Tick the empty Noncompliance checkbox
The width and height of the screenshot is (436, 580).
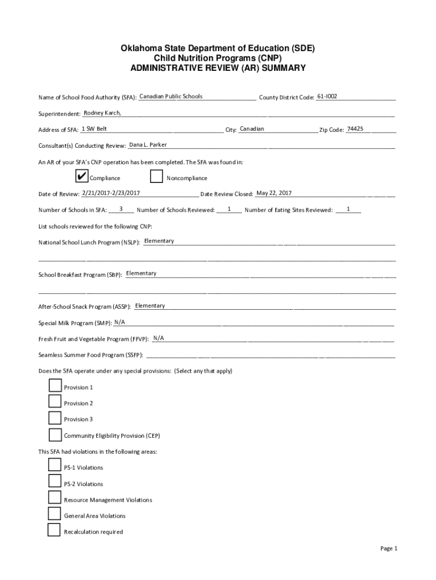[x=157, y=177]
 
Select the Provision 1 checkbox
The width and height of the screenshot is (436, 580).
[x=55, y=386]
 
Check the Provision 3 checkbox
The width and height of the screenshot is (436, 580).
[x=55, y=418]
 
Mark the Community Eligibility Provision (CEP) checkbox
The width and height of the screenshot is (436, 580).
[x=55, y=435]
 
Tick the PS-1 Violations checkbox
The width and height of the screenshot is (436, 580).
[x=54, y=466]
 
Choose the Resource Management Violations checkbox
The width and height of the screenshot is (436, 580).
[x=54, y=498]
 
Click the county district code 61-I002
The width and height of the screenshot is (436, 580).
[x=327, y=96]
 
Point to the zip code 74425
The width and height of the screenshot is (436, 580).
[x=355, y=129]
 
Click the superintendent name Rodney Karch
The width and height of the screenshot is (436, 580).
[x=102, y=113]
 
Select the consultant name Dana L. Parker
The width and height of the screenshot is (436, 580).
[x=148, y=145]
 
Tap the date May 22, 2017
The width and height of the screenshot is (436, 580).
[x=274, y=193]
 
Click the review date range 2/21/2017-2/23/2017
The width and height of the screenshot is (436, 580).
[x=111, y=193]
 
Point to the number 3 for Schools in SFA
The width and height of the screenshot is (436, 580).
[x=121, y=210]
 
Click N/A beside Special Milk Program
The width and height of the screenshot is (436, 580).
[x=119, y=322]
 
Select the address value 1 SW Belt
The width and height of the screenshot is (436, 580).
[x=95, y=129]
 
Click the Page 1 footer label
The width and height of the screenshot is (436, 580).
[x=389, y=548]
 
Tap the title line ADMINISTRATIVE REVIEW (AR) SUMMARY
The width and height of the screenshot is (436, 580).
[x=218, y=68]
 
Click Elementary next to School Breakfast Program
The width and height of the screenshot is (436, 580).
[x=142, y=274]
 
